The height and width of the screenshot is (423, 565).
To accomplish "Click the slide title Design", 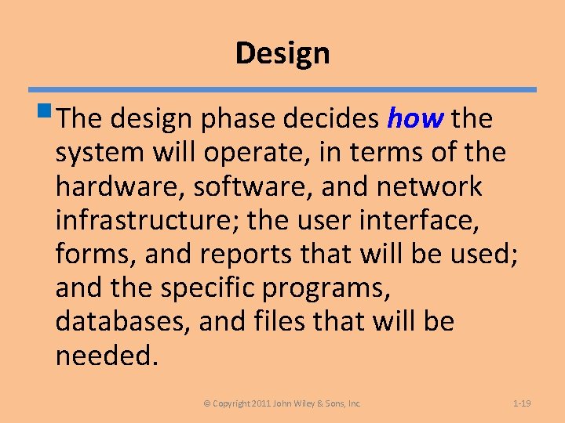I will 282,53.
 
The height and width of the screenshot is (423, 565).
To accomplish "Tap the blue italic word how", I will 416,119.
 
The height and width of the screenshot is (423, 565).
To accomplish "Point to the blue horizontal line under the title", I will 282,89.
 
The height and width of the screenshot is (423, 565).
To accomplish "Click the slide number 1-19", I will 522,403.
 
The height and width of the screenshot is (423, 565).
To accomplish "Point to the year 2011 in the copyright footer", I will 261,403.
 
